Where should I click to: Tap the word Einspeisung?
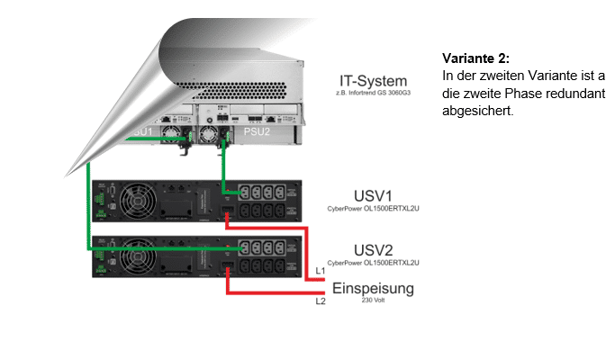pos(373,289)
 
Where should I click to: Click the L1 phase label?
pos(320,270)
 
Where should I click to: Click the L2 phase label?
pos(320,302)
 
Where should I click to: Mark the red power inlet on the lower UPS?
pos(228,268)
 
